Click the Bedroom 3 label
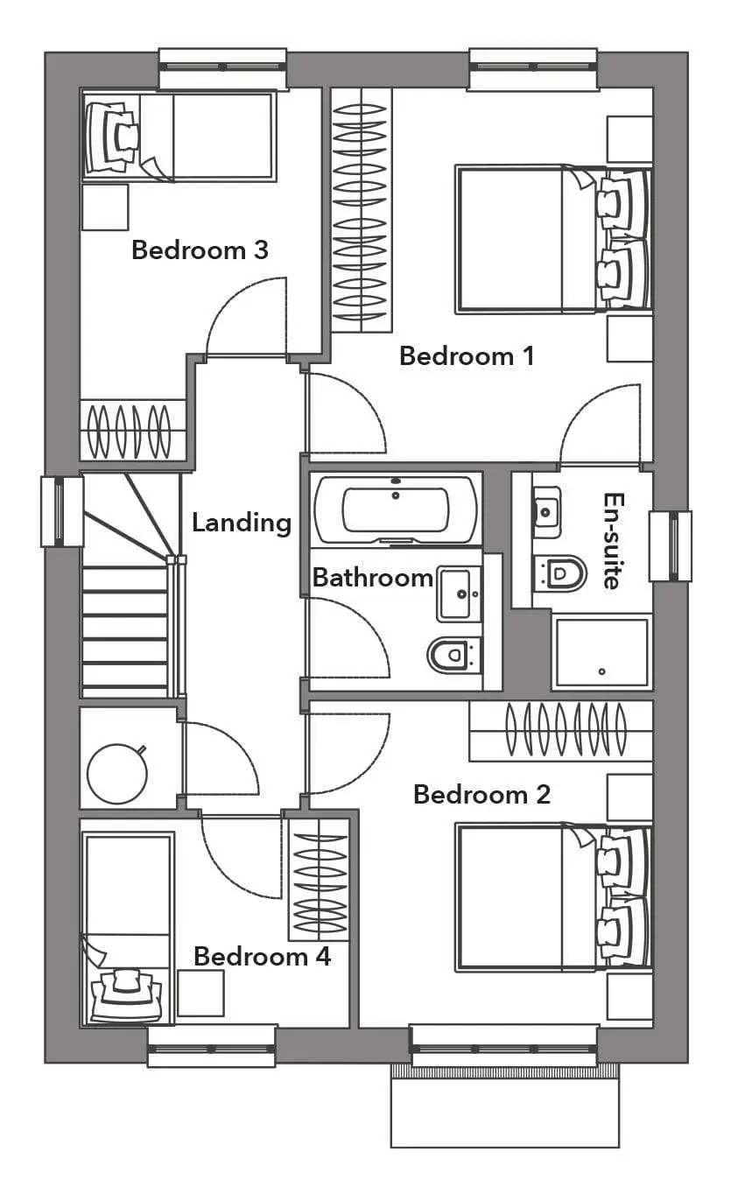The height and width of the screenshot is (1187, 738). pyautogui.click(x=200, y=250)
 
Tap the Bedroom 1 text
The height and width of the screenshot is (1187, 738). pyautogui.click(x=467, y=355)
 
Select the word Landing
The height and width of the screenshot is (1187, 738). pyautogui.click(x=242, y=523)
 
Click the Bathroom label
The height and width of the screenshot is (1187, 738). pyautogui.click(x=372, y=577)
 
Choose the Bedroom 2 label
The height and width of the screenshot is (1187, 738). pyautogui.click(x=481, y=794)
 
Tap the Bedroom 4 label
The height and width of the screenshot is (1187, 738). pyautogui.click(x=263, y=957)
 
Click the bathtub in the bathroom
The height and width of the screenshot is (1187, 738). pyautogui.click(x=396, y=510)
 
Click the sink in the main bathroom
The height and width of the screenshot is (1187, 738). pyautogui.click(x=459, y=593)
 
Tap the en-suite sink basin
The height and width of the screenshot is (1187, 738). pyautogui.click(x=546, y=512)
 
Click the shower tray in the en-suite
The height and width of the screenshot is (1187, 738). pyautogui.click(x=601, y=652)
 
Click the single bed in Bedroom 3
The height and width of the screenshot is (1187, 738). pyautogui.click(x=178, y=137)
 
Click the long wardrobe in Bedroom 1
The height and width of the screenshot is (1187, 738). pyautogui.click(x=362, y=210)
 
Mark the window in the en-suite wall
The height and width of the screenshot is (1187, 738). pyautogui.click(x=671, y=546)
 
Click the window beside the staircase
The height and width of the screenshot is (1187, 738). pyautogui.click(x=62, y=511)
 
